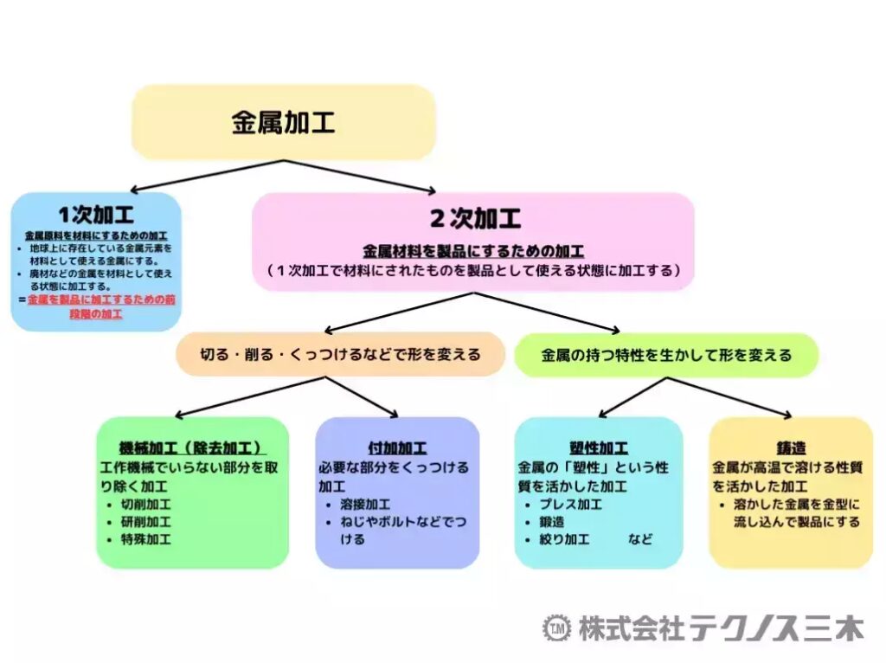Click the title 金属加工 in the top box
pyautogui.click(x=283, y=123)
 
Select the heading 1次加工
pyautogui.click(x=96, y=215)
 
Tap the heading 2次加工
pyautogui.click(x=475, y=219)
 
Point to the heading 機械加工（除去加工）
pyautogui.click(x=192, y=448)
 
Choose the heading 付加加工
pyautogui.click(x=397, y=448)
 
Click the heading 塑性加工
pyautogui.click(x=599, y=448)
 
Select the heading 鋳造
pyautogui.click(x=791, y=448)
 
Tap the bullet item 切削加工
pyautogui.click(x=145, y=504)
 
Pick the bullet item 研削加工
pyautogui.click(x=145, y=522)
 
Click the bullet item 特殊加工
pyautogui.click(x=145, y=539)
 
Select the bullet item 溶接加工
pyautogui.click(x=365, y=504)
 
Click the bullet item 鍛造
pyautogui.click(x=551, y=522)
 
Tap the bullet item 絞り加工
pyautogui.click(x=564, y=539)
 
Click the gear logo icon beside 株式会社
pyautogui.click(x=556, y=628)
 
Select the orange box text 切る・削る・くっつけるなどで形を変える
pyautogui.click(x=340, y=354)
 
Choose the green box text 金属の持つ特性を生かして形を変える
pyautogui.click(x=667, y=355)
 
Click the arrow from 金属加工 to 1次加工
pyautogui.click(x=206, y=176)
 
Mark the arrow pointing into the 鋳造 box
pyautogui.click(x=729, y=397)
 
